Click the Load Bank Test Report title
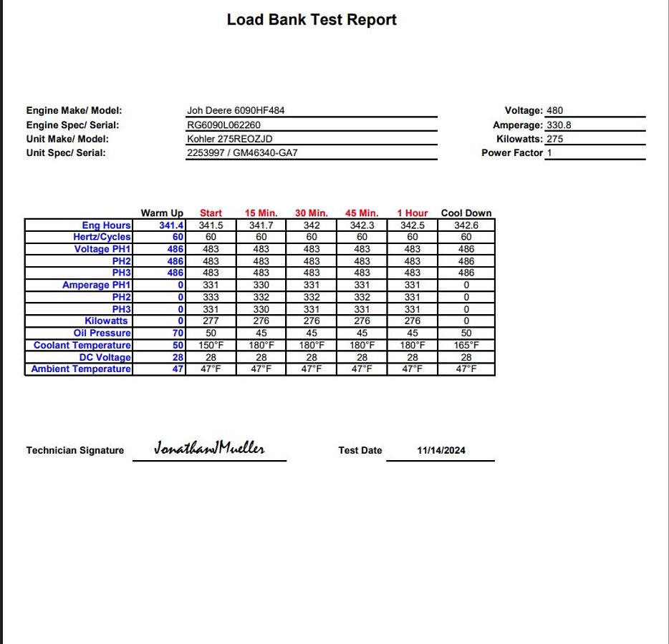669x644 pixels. (x=312, y=20)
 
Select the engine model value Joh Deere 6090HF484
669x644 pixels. (x=236, y=111)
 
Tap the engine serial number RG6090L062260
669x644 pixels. (x=223, y=125)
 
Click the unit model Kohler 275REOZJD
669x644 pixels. (x=229, y=139)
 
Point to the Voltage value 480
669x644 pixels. (x=554, y=111)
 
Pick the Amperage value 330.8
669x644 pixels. (x=559, y=125)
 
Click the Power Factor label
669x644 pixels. (x=511, y=153)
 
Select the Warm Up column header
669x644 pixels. (x=162, y=213)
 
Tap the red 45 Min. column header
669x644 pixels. (x=362, y=213)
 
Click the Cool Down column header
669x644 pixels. (x=466, y=213)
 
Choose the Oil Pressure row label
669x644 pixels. (x=102, y=333)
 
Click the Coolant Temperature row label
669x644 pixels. (x=82, y=346)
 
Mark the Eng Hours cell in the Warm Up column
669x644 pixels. (x=171, y=225)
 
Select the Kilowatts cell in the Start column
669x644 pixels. (x=211, y=321)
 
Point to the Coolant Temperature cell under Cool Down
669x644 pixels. (x=466, y=346)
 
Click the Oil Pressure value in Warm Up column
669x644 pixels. (x=178, y=333)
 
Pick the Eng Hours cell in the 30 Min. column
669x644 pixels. (x=312, y=225)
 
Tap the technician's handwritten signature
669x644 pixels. (x=209, y=449)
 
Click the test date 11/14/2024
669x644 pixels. (x=441, y=451)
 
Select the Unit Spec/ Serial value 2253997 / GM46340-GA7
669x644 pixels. (x=242, y=153)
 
